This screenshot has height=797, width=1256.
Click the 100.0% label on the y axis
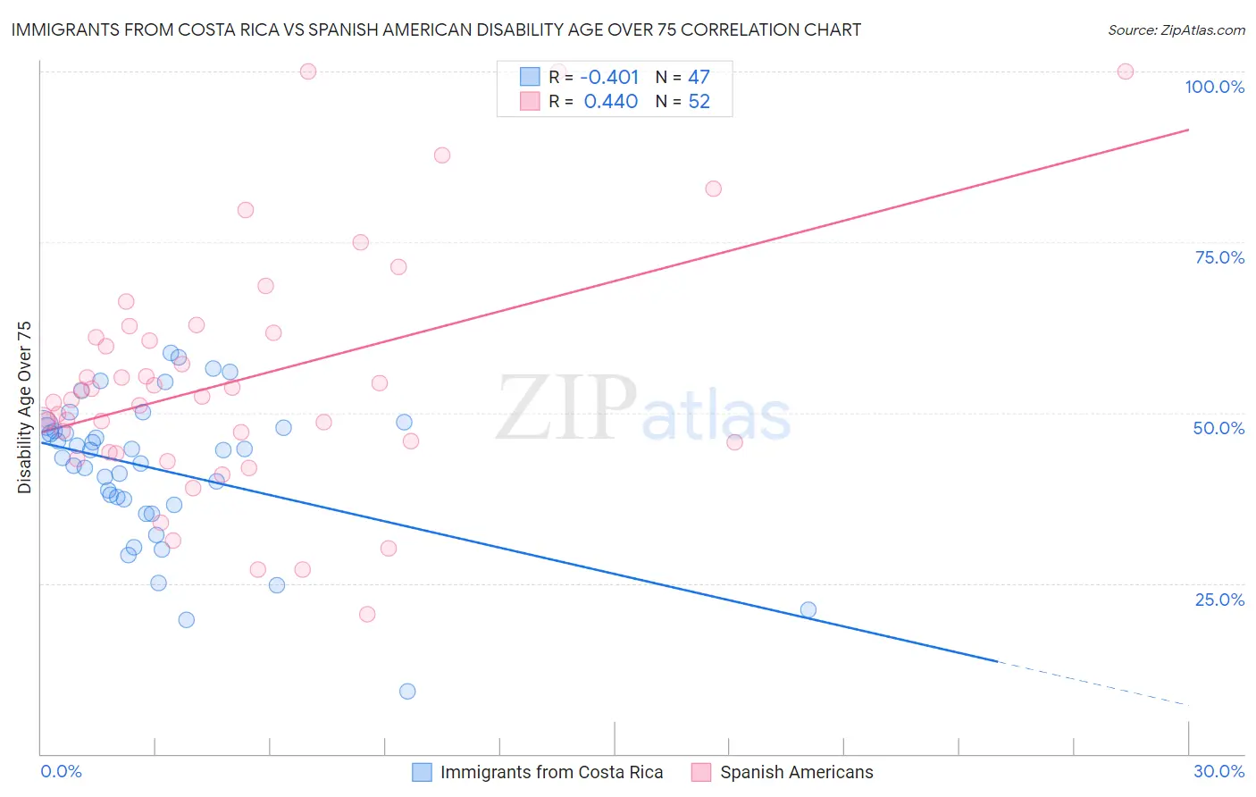[x=1214, y=87]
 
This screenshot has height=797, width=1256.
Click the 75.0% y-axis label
[x=1219, y=257]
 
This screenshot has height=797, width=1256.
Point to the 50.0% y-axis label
[x=1218, y=428]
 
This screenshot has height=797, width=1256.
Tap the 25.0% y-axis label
[x=1219, y=600]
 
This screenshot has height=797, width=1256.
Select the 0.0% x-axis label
[x=61, y=771]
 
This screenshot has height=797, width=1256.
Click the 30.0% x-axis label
[x=1218, y=771]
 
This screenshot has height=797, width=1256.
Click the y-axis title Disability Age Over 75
[x=25, y=407]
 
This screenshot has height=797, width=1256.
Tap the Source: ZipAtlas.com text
[x=1176, y=29]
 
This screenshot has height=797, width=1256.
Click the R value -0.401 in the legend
[x=609, y=78]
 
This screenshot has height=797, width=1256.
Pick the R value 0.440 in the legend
[x=610, y=102]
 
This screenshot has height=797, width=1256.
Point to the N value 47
[x=699, y=78]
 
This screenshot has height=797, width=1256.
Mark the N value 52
[x=699, y=102]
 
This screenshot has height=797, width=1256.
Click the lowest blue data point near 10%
[x=407, y=691]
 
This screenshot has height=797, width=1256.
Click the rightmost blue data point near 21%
[x=808, y=609]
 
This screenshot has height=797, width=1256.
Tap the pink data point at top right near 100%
[x=1126, y=71]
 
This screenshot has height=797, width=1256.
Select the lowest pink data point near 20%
[x=367, y=614]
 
